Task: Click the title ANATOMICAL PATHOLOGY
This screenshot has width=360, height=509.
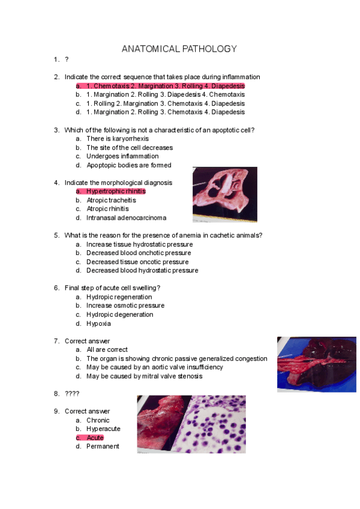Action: (179, 49)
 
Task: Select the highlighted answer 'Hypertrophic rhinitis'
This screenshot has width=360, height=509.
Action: (116, 191)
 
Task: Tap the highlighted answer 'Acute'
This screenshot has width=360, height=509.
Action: (95, 438)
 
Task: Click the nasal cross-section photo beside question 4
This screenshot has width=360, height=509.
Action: (224, 195)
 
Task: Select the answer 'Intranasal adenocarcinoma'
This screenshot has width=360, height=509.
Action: (126, 218)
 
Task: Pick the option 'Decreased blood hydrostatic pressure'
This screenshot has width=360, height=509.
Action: (142, 270)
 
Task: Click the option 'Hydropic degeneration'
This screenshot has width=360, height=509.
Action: (119, 315)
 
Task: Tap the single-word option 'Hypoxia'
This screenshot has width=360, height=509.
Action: (98, 324)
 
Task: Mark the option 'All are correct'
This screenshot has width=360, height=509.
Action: (107, 349)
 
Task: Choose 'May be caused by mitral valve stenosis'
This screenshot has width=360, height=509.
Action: (144, 376)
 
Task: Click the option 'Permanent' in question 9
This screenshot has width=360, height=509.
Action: (103, 446)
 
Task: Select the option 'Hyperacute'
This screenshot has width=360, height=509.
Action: (103, 429)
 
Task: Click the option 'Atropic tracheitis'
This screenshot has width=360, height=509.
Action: (111, 200)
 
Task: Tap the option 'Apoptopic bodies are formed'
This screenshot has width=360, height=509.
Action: (128, 165)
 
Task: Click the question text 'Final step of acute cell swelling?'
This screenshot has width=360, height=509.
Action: (112, 288)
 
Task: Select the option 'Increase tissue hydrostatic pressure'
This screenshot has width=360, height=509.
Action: (139, 244)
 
